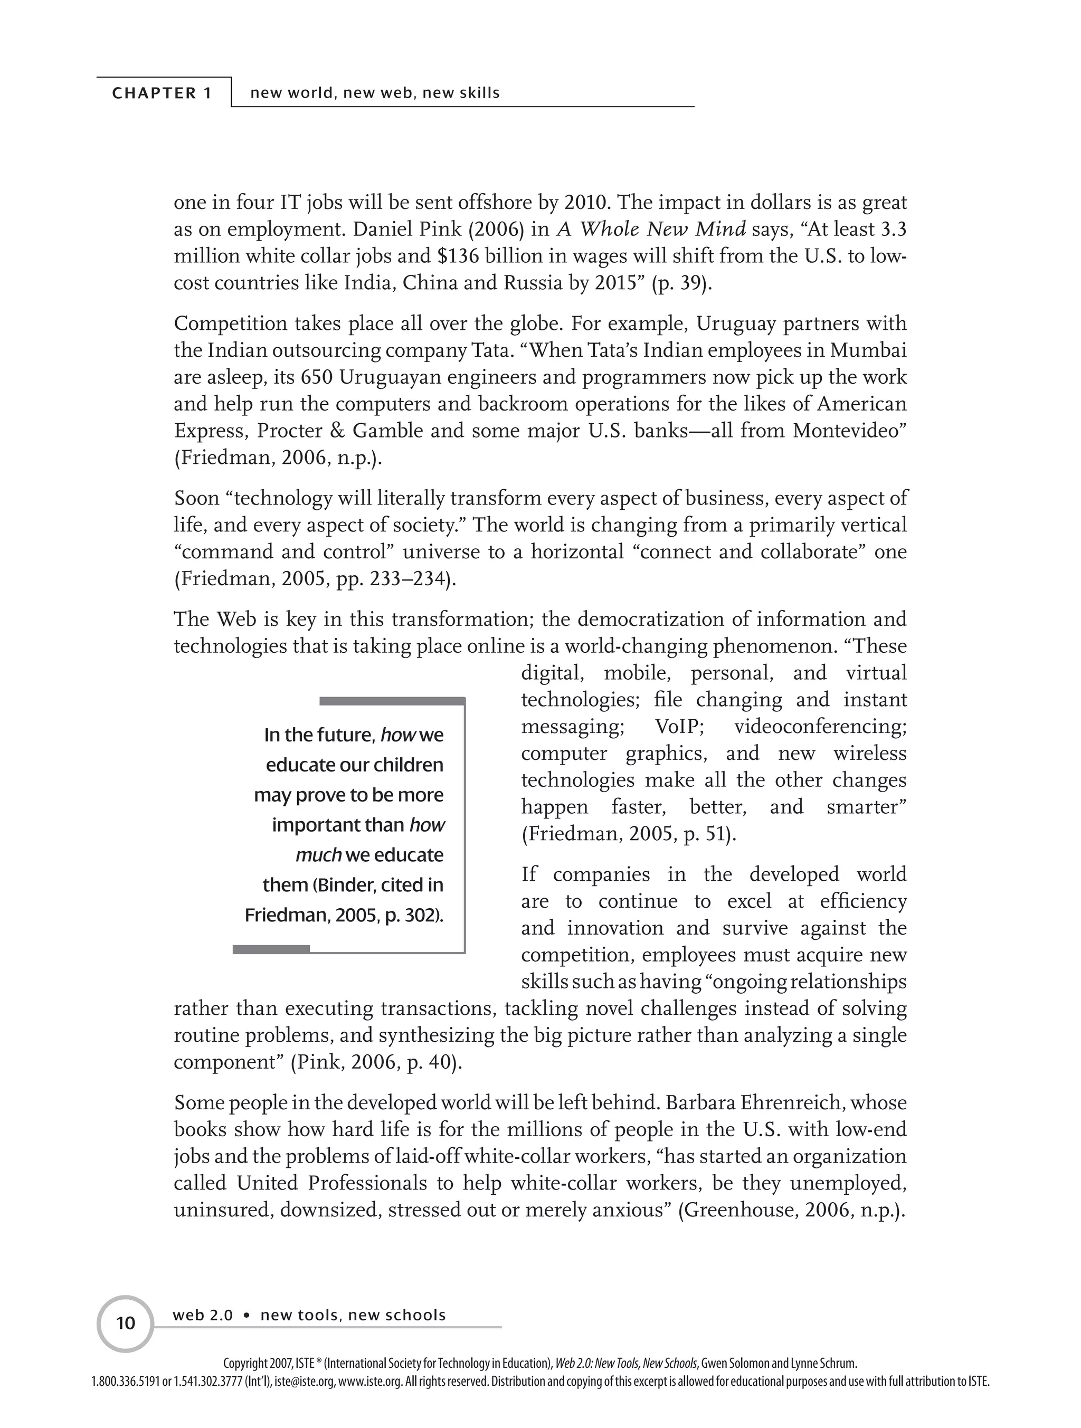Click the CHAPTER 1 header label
pyautogui.click(x=162, y=93)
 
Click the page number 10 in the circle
pyautogui.click(x=125, y=1323)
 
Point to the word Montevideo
pyautogui.click(x=846, y=431)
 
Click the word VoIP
pyautogui.click(x=679, y=727)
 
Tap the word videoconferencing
pyautogui.click(x=820, y=727)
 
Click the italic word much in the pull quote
pyautogui.click(x=318, y=855)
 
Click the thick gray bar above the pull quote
pyautogui.click(x=392, y=701)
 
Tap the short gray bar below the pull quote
pyautogui.click(x=271, y=948)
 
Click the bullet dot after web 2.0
pyautogui.click(x=246, y=1316)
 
